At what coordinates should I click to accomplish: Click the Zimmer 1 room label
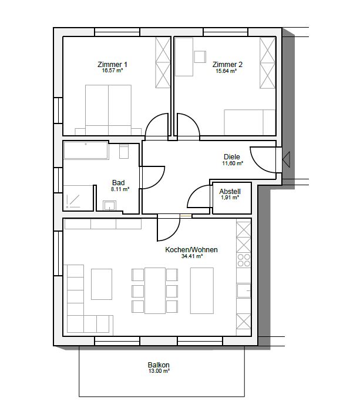pyautogui.click(x=112, y=64)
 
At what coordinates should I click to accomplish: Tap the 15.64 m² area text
pyautogui.click(x=226, y=71)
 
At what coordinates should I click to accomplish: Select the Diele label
pyautogui.click(x=232, y=157)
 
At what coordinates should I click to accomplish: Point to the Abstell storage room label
pyautogui.click(x=230, y=191)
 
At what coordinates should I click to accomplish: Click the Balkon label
pyautogui.click(x=159, y=365)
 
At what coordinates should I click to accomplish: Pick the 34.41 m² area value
pyautogui.click(x=193, y=256)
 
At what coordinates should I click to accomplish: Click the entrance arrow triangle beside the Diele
pyautogui.click(x=286, y=159)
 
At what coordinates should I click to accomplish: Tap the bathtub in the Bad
pyautogui.click(x=86, y=150)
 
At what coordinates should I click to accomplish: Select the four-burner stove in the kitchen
pyautogui.click(x=244, y=260)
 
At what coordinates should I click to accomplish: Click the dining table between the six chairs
pyautogui.click(x=155, y=290)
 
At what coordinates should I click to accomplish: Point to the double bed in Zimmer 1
pyautogui.click(x=108, y=109)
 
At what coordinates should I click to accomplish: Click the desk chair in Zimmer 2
pyautogui.click(x=200, y=57)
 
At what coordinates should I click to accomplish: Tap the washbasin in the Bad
pyautogui.click(x=110, y=205)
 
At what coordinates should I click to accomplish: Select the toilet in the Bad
pyautogui.click(x=124, y=152)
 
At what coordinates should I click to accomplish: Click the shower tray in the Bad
pyautogui.click(x=78, y=198)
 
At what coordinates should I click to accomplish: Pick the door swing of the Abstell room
pyautogui.click(x=198, y=196)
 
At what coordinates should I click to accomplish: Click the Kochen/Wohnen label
pyautogui.click(x=191, y=249)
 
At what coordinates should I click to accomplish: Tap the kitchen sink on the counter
pyautogui.click(x=244, y=290)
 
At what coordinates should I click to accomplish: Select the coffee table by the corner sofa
pyautogui.click(x=102, y=284)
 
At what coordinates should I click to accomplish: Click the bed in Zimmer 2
pyautogui.click(x=250, y=122)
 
